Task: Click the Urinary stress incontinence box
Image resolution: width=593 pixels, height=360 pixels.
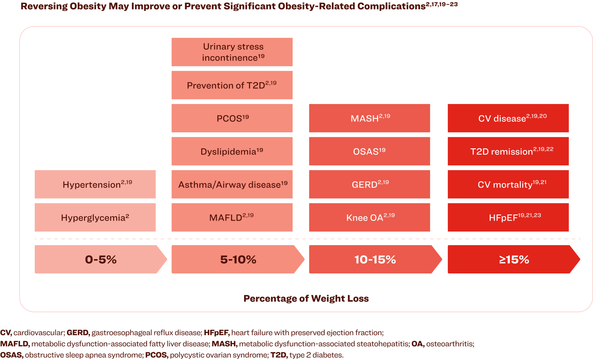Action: (232, 52)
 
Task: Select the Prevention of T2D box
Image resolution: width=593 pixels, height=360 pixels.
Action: (232, 85)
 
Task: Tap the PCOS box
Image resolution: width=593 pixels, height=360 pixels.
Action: (232, 118)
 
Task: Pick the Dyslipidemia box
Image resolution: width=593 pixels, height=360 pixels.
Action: (232, 151)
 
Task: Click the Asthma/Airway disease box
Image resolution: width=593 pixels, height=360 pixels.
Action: (232, 184)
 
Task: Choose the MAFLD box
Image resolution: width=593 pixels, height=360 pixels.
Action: (232, 217)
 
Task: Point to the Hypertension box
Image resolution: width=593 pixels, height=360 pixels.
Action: (95, 184)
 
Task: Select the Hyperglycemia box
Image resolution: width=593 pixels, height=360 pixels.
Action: (95, 217)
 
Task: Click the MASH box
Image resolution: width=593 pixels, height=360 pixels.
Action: (369, 118)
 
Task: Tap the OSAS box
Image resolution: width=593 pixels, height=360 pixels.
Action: (369, 151)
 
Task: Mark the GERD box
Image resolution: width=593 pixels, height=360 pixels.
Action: (369, 184)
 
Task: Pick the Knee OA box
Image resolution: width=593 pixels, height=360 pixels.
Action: (369, 217)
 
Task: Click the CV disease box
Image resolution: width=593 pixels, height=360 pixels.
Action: (508, 118)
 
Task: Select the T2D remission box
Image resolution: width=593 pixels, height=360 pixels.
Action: (508, 151)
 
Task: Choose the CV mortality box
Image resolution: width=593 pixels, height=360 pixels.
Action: (508, 184)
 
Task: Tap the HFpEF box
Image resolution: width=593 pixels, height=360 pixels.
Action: (508, 217)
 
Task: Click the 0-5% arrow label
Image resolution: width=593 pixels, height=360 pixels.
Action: (100, 259)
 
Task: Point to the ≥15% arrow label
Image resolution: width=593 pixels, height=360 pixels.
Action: (514, 259)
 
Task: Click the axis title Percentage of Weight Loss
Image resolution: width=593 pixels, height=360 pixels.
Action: (306, 299)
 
